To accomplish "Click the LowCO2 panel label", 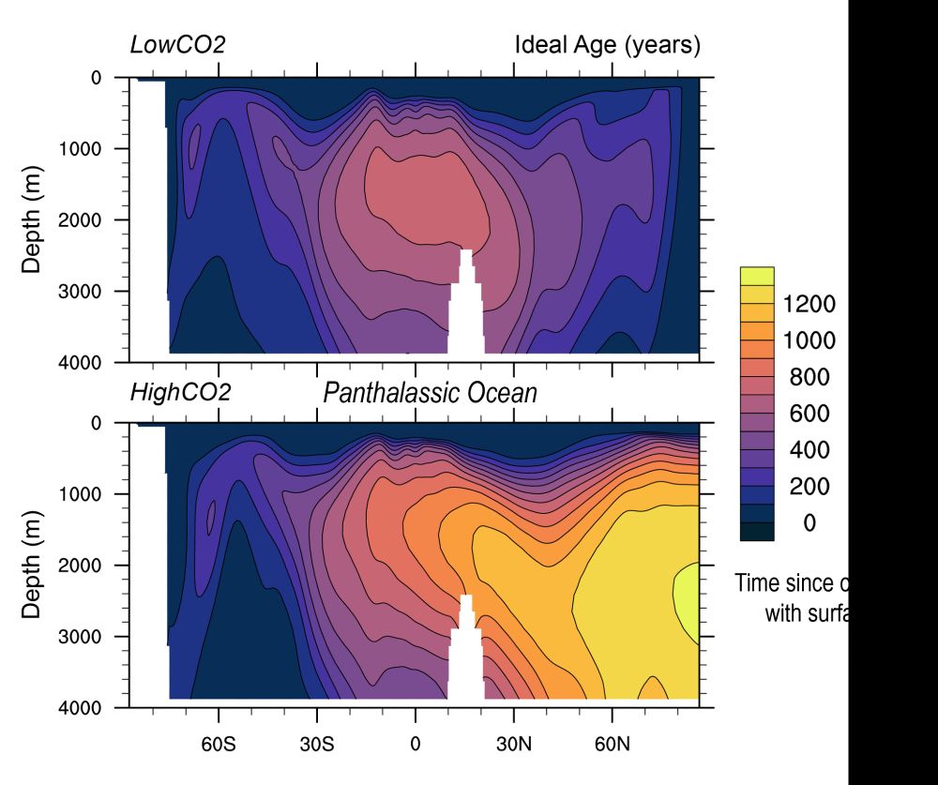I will coord(177,45).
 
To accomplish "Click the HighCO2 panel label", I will coord(180,392).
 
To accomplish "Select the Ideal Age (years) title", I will coord(607,45).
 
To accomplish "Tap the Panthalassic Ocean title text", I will coord(431,392).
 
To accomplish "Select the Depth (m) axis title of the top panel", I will coord(32,219).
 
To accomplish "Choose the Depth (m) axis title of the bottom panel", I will coord(32,565).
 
